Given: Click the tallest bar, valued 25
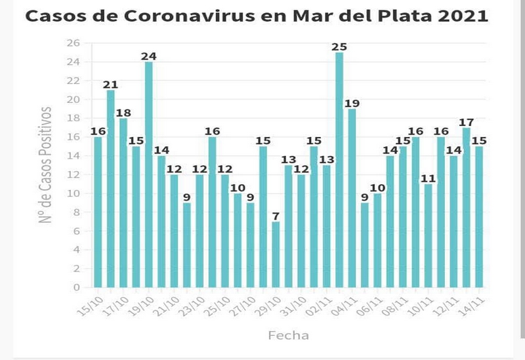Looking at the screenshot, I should click(339, 170).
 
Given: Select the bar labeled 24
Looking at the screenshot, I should click(149, 174).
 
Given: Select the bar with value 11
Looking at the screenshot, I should click(428, 236).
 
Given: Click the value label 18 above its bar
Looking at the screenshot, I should click(123, 112).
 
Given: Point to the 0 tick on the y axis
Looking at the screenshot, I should click(76, 287).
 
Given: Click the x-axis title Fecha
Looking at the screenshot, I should click(288, 335).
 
